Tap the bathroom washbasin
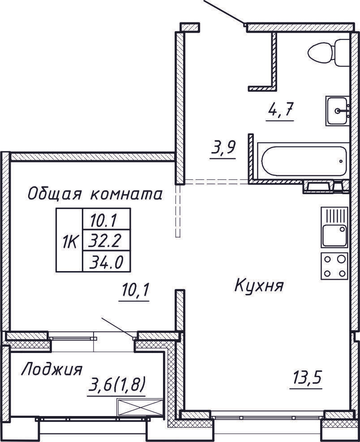click(337, 111)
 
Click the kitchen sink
click(334, 227)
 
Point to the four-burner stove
click(334, 266)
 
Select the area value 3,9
click(223, 148)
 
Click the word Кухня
click(259, 285)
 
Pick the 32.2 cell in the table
click(106, 242)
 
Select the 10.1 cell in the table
click(106, 219)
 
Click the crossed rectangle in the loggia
click(139, 408)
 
